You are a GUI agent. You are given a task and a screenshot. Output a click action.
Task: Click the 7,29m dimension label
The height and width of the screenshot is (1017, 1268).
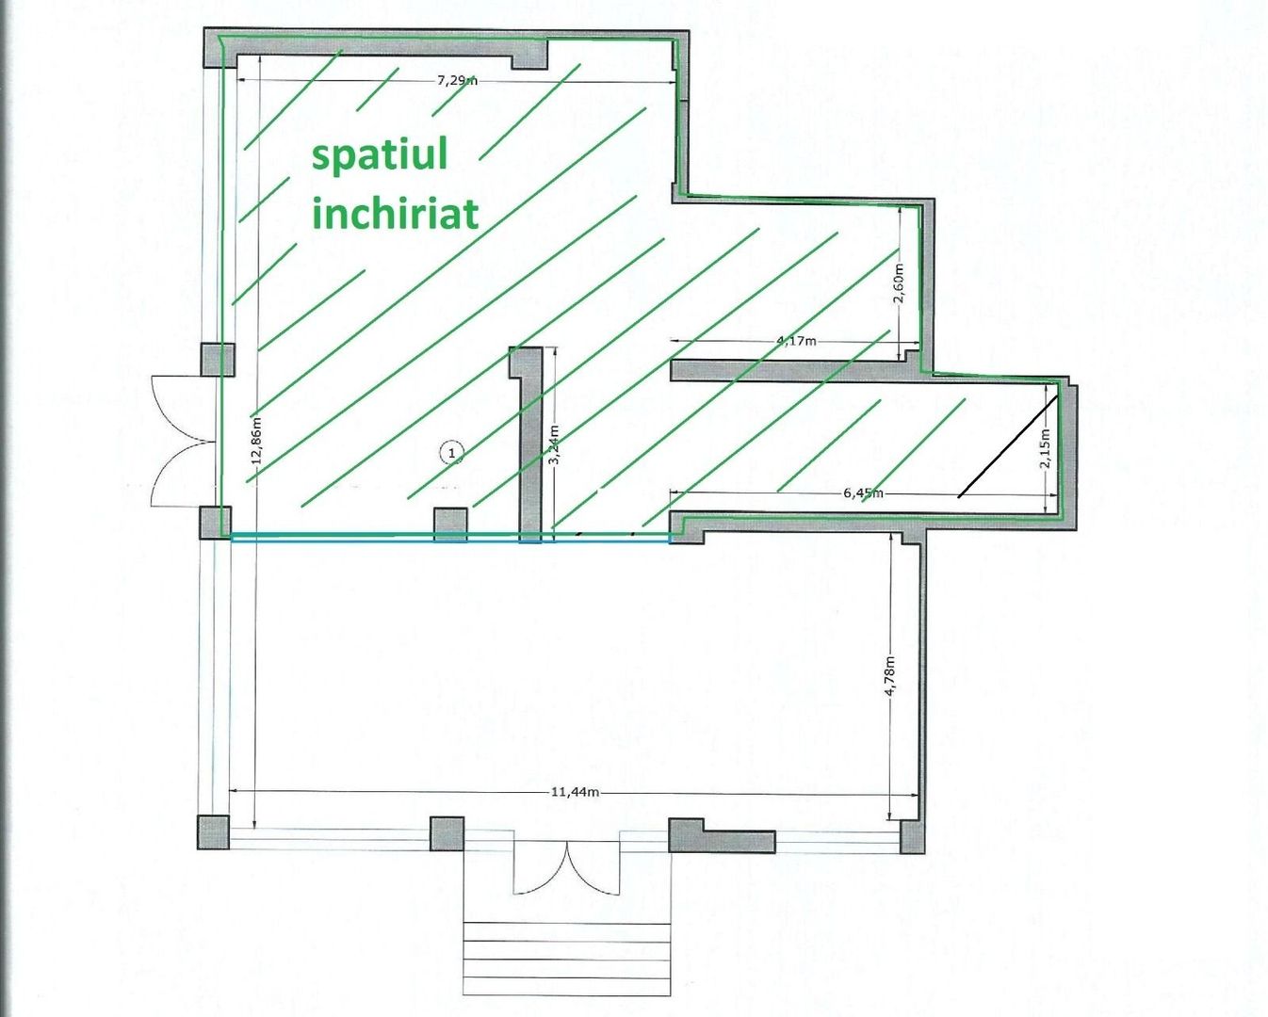457,81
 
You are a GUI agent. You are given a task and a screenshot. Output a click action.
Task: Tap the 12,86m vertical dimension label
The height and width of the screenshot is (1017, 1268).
258,441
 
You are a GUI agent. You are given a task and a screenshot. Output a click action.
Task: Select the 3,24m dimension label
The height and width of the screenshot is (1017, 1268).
555,444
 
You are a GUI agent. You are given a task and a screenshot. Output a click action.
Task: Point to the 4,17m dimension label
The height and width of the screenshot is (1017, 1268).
797,341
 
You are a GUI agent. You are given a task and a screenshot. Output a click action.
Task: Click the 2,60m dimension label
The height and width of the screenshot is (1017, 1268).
899,283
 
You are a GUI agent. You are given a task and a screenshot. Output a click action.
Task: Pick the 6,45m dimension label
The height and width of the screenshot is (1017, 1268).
863,492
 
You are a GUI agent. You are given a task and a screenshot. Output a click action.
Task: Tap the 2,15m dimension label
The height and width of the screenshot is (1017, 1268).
1046,448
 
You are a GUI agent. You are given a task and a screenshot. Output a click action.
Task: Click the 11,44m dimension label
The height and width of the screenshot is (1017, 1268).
575,792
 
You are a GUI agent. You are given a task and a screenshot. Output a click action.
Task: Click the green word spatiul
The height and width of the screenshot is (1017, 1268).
380,155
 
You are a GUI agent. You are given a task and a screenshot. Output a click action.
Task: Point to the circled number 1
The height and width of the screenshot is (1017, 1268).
452,453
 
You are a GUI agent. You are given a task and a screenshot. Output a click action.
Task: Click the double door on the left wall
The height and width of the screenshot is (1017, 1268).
184,441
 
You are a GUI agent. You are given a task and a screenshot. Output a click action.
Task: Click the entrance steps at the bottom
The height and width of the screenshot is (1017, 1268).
567,958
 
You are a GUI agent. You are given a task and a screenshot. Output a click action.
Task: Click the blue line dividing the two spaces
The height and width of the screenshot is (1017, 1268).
450,537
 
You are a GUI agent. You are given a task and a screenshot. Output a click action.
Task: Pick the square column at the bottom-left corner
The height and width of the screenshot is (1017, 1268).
213,832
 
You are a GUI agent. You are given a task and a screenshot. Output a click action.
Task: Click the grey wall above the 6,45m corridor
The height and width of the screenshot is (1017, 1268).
795,370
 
